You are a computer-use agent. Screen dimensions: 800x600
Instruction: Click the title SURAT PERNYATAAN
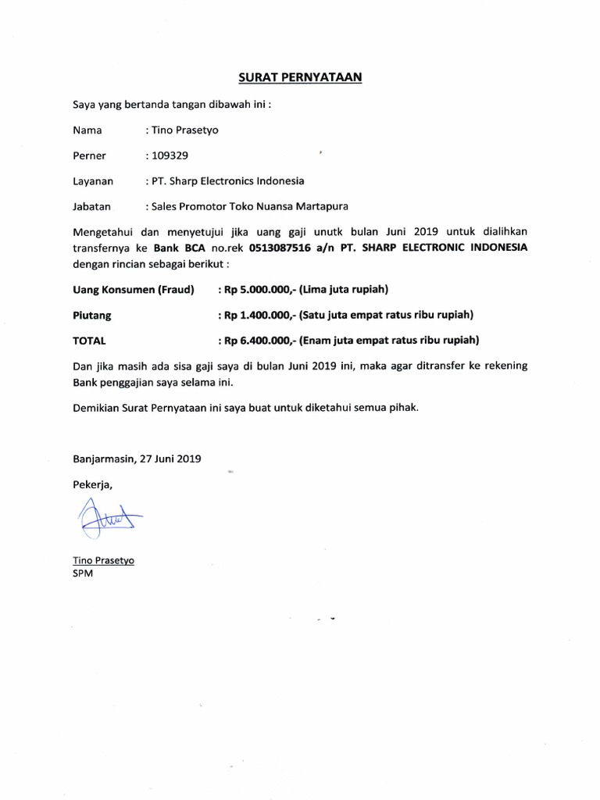[x=300, y=77]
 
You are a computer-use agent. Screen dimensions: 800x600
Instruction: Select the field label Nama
[x=87, y=130]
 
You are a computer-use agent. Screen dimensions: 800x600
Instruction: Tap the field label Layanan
[x=93, y=181]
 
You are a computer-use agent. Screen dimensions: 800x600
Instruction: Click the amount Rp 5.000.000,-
[x=255, y=291]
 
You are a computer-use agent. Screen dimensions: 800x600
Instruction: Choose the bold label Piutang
[x=92, y=316]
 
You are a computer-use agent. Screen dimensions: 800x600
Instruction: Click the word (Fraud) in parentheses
[x=177, y=291]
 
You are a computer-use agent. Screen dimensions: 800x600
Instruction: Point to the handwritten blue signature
[x=103, y=519]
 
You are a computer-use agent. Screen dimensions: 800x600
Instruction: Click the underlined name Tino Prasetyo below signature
[x=103, y=560]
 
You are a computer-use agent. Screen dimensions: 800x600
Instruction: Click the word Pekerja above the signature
[x=92, y=484]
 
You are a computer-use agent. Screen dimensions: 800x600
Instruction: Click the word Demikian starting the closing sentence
[x=98, y=408]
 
